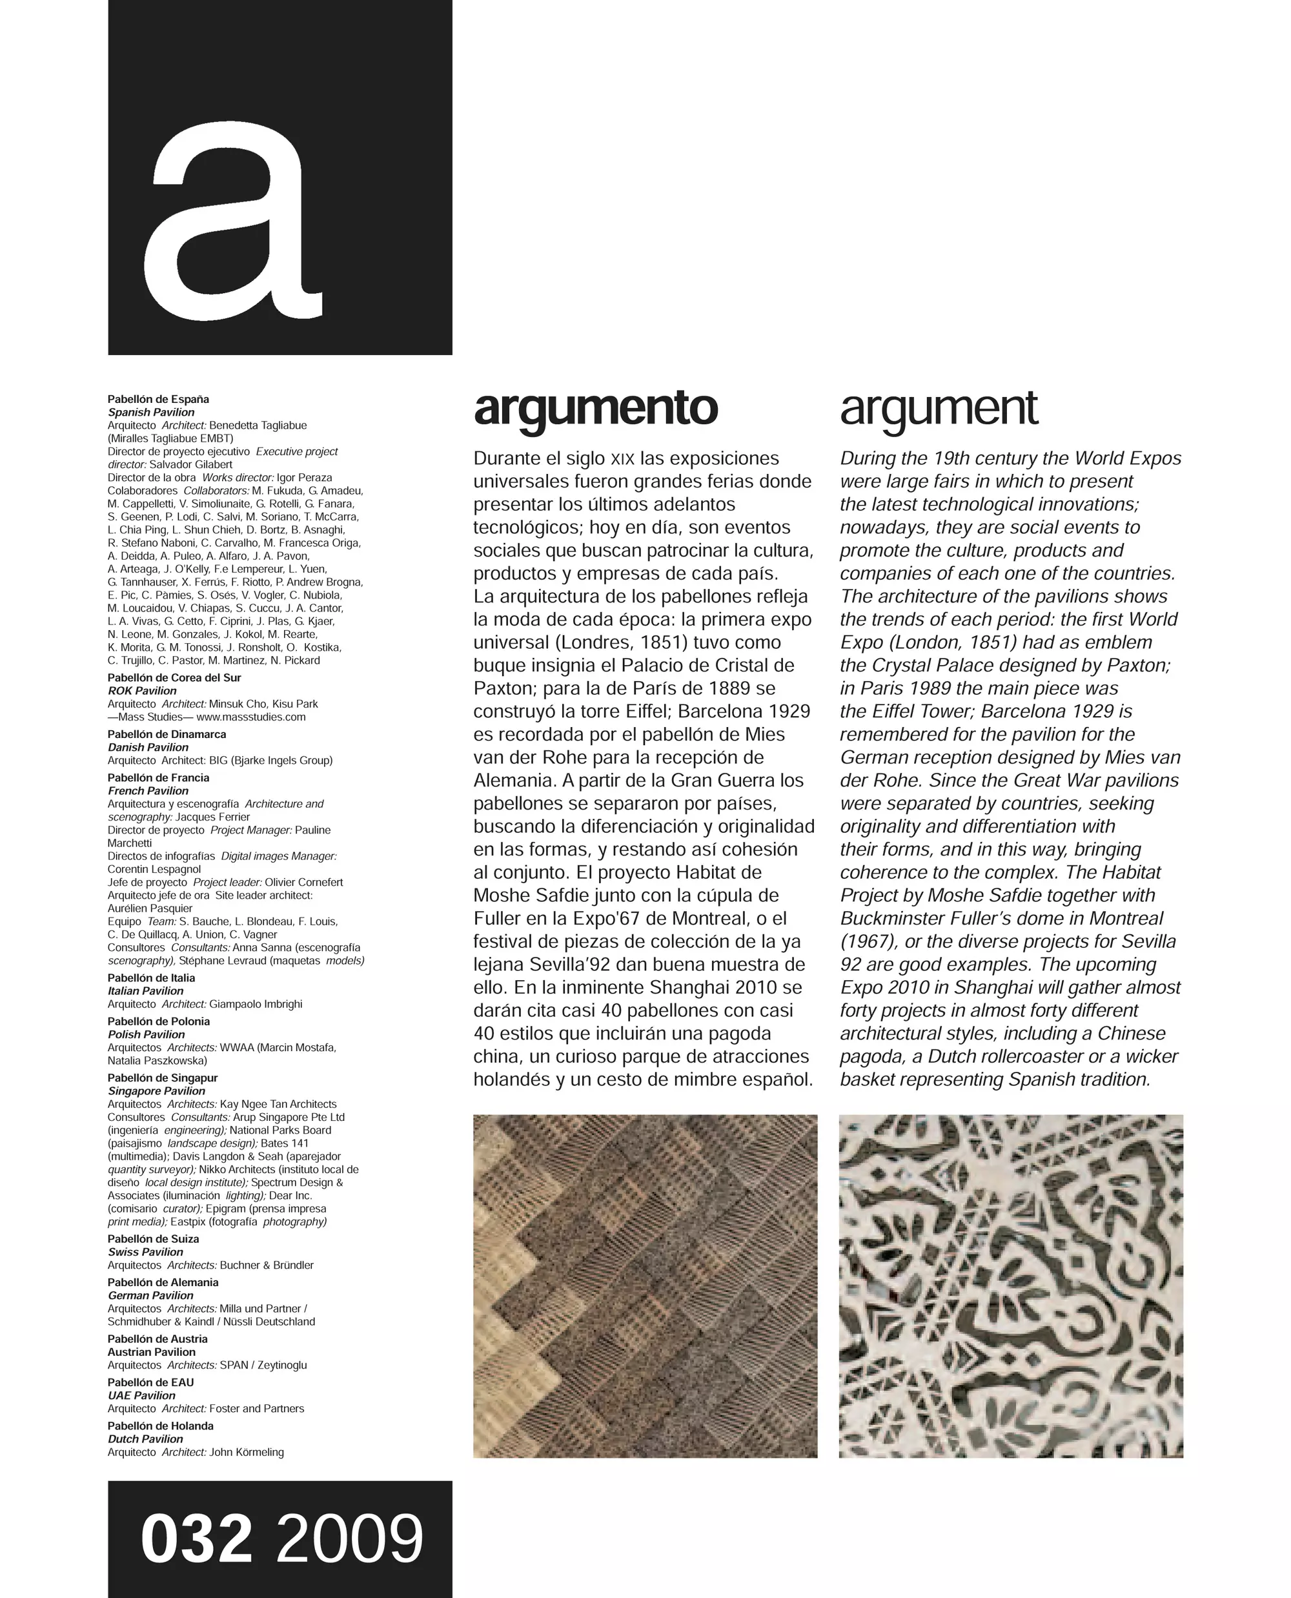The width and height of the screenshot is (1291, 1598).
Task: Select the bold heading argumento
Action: (x=596, y=409)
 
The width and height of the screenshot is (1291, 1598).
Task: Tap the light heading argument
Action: (x=939, y=409)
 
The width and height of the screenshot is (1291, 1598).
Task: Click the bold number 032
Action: (x=196, y=1539)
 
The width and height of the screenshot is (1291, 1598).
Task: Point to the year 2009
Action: (x=349, y=1539)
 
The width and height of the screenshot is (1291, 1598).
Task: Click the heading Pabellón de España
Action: (x=158, y=400)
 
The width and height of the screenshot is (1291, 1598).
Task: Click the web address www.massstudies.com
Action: (x=250, y=717)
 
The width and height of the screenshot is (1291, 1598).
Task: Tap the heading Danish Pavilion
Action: (x=148, y=747)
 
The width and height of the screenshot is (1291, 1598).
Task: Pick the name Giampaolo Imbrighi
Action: (x=256, y=1005)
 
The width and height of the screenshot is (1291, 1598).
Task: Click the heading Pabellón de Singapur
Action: (x=162, y=1078)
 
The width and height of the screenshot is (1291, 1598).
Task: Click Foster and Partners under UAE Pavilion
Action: (x=256, y=1408)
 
